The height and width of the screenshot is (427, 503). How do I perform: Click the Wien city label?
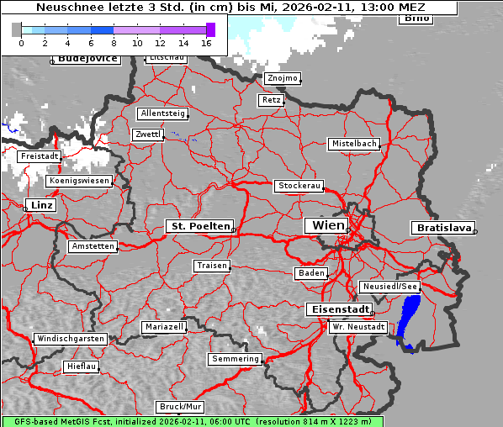pyautogui.click(x=328, y=225)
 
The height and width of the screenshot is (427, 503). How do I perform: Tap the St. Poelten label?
pyautogui.click(x=199, y=226)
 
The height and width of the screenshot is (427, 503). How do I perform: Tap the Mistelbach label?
pyautogui.click(x=354, y=144)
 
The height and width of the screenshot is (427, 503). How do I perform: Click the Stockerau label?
pyautogui.click(x=299, y=186)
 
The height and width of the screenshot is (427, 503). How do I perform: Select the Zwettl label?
pyautogui.click(x=147, y=134)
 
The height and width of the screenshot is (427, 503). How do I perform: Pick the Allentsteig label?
pyautogui.click(x=162, y=113)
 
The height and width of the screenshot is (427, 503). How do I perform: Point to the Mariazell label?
pyautogui.click(x=164, y=326)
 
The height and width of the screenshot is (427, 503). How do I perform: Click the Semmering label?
pyautogui.click(x=236, y=359)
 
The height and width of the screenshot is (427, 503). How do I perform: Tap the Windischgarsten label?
pyautogui.click(x=71, y=339)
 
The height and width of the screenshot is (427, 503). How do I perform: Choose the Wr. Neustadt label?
pyautogui.click(x=358, y=326)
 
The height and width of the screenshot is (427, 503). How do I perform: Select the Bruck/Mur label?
pyautogui.click(x=181, y=407)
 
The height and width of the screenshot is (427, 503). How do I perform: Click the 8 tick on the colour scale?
pyautogui.click(x=114, y=42)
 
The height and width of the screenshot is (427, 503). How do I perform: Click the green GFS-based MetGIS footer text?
pyautogui.click(x=192, y=421)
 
